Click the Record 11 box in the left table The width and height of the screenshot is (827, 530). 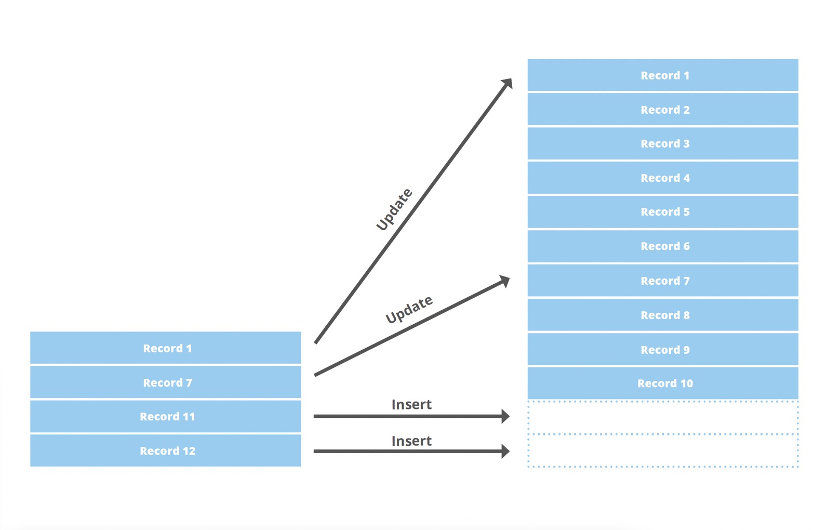point(166,416)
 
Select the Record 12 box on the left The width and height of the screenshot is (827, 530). point(166,451)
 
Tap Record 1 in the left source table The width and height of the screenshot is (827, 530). point(166,348)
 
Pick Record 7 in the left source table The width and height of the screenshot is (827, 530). point(166,382)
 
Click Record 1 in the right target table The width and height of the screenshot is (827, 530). point(663,75)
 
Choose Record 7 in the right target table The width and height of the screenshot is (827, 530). point(663,281)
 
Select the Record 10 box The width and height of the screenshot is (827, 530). point(663,383)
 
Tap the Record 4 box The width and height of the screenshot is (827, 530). point(663,178)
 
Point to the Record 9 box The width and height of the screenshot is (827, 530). point(663,349)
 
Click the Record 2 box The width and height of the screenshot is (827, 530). point(663,110)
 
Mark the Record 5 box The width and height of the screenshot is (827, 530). point(663,211)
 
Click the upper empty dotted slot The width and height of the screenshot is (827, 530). point(663,417)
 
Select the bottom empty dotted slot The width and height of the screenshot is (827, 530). point(663,451)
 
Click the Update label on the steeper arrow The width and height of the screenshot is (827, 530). point(394,209)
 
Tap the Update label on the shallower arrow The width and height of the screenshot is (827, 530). point(409,309)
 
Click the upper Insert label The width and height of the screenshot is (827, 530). point(411,404)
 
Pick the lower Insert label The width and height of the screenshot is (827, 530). point(411,441)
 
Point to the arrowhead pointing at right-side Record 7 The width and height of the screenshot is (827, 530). point(504,281)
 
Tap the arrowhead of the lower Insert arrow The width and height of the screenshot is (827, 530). point(505,451)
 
